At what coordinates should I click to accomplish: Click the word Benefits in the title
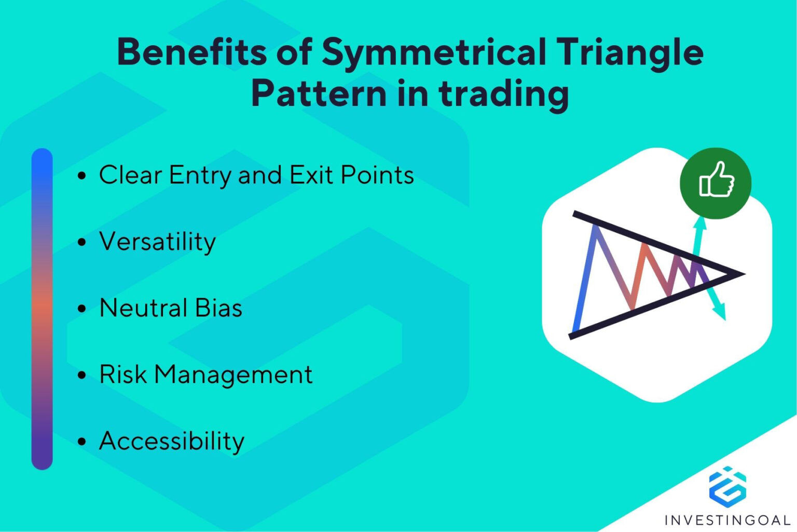pos(191,52)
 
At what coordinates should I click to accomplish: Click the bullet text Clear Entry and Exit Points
pos(256,175)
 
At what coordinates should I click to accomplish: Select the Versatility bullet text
pos(157,242)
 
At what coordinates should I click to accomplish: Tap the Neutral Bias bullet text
pos(171,308)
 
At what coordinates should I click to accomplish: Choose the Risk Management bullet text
pos(206,375)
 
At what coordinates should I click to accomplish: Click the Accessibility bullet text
pos(172,441)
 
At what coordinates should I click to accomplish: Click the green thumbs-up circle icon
pos(716,183)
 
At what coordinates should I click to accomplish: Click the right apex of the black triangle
pos(743,273)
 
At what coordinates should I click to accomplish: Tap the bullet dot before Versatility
pos(81,242)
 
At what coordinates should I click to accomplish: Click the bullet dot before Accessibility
pos(81,442)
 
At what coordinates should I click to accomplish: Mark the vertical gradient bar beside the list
pos(42,309)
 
